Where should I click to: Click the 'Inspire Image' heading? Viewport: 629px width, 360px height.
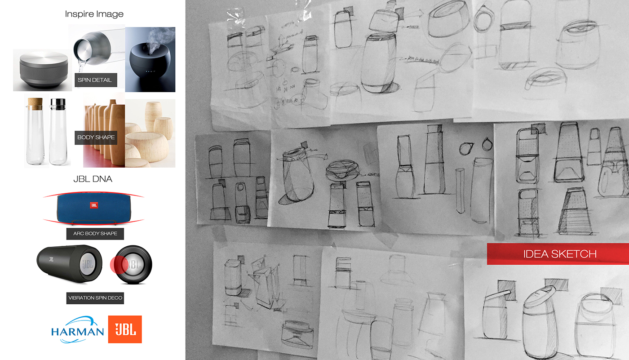pos(94,14)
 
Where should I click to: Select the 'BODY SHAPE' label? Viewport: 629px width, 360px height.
pos(96,138)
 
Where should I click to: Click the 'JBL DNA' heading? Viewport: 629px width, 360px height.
pos(93,179)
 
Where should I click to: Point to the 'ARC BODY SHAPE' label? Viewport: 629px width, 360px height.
pos(95,234)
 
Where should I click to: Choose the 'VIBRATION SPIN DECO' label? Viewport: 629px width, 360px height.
pos(95,298)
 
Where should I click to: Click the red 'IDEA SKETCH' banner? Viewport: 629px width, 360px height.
pos(560,254)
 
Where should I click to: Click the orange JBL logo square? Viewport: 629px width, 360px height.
pos(125,329)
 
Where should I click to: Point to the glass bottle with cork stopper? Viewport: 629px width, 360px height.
pos(33,133)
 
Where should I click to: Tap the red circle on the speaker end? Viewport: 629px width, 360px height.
pos(119,263)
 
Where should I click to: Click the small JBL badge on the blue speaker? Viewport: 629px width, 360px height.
pos(93,205)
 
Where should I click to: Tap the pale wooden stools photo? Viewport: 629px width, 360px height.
pos(151,133)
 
